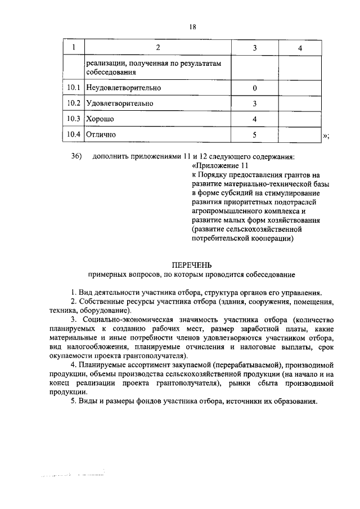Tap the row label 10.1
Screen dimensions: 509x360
[x=74, y=88]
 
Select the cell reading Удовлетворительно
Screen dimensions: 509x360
[x=120, y=104]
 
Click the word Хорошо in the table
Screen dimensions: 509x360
[x=101, y=119]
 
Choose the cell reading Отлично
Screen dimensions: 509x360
[x=101, y=135]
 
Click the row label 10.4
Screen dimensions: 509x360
[x=74, y=135]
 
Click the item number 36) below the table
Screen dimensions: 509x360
[x=77, y=156]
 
